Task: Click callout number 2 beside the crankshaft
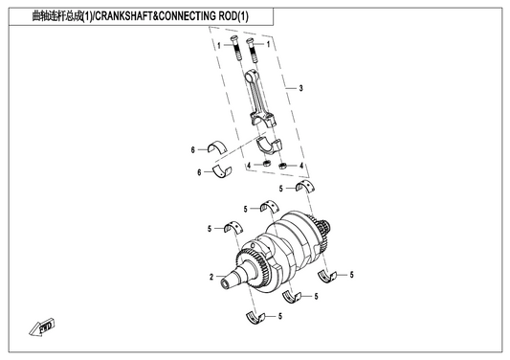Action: click(211, 277)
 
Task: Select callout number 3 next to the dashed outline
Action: click(300, 88)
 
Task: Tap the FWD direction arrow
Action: click(42, 326)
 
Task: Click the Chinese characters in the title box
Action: click(57, 16)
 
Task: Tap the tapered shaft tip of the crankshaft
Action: click(229, 281)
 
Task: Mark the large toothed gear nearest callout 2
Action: click(252, 268)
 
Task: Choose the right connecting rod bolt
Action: click(252, 50)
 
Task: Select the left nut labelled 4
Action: click(267, 163)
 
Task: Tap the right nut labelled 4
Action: click(282, 167)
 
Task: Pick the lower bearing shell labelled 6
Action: click(222, 172)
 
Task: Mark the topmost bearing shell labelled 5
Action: click(305, 186)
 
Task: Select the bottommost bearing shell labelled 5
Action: click(255, 318)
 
